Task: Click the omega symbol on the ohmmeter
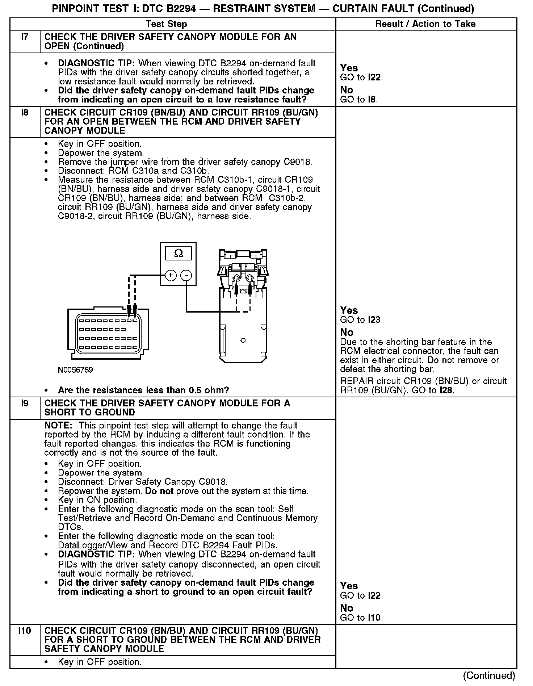[x=178, y=254]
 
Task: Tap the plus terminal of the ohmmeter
[x=171, y=276]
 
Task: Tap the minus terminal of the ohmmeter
[x=186, y=276]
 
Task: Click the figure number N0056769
[x=75, y=370]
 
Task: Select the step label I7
[x=25, y=37]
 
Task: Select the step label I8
[x=25, y=113]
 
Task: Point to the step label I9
[x=25, y=403]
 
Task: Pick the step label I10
[x=25, y=631]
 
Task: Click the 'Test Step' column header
[x=166, y=24]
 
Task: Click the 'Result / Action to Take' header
[x=425, y=24]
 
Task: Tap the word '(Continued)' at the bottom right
[x=489, y=675]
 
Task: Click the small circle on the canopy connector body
[x=243, y=340]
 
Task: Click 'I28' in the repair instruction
[x=446, y=390]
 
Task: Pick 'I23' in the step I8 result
[x=375, y=320]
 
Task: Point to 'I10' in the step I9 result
[x=375, y=618]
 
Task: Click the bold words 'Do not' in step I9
[x=159, y=491]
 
